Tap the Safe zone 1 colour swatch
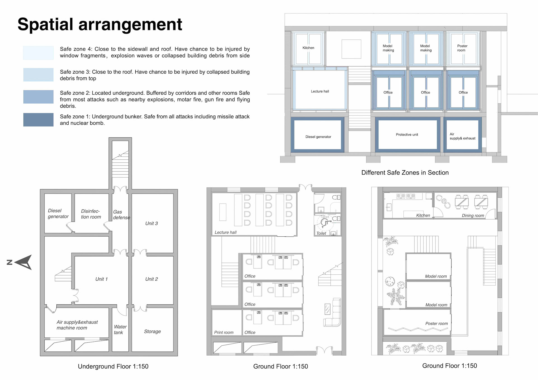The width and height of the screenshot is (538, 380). [x=38, y=120]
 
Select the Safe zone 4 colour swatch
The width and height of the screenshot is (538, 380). [x=38, y=53]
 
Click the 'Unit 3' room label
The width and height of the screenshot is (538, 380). [x=152, y=223]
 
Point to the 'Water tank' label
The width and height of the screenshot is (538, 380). [x=120, y=330]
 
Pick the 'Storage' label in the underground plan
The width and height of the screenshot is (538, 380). [x=152, y=332]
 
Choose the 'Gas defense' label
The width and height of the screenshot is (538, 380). [x=121, y=215]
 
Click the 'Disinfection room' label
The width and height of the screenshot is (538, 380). [x=91, y=214]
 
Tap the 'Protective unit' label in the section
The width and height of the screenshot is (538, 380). [x=407, y=135]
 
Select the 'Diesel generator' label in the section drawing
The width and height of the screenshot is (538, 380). [x=318, y=137]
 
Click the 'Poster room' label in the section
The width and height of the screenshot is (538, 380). [x=462, y=48]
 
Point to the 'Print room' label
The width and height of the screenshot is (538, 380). [x=224, y=332]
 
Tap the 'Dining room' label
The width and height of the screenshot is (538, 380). [x=473, y=216]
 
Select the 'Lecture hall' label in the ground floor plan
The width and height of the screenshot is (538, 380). [x=226, y=232]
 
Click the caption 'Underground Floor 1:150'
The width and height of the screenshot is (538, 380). [x=113, y=367]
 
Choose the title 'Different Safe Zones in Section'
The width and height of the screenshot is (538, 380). [x=405, y=173]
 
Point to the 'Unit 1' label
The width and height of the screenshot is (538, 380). [x=101, y=279]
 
